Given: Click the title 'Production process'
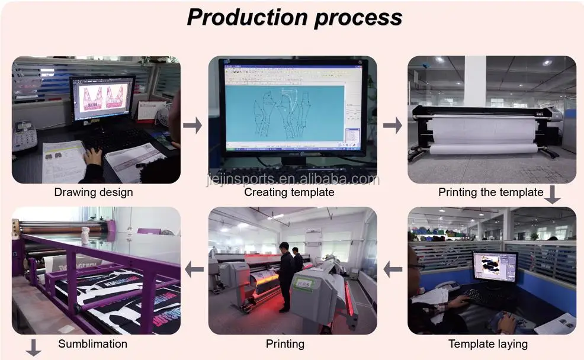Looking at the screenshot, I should [x=294, y=17].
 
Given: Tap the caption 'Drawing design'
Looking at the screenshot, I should [x=94, y=192].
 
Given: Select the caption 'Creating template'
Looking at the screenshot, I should [x=289, y=192].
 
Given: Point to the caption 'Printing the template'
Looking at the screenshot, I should [x=490, y=192].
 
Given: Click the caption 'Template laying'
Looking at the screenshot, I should [x=488, y=343].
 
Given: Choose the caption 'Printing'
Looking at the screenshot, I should [x=285, y=343].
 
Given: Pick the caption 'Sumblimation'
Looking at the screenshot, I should [x=92, y=343].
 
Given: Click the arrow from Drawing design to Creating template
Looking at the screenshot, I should [x=192, y=125].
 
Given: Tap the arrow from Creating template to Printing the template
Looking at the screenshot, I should [x=392, y=125].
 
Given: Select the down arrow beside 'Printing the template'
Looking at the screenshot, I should [x=552, y=195].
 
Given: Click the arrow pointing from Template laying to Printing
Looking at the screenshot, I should [x=392, y=270].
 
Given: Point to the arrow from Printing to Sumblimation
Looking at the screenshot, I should [x=194, y=270].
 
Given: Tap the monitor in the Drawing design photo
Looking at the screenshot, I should [x=102, y=99].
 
